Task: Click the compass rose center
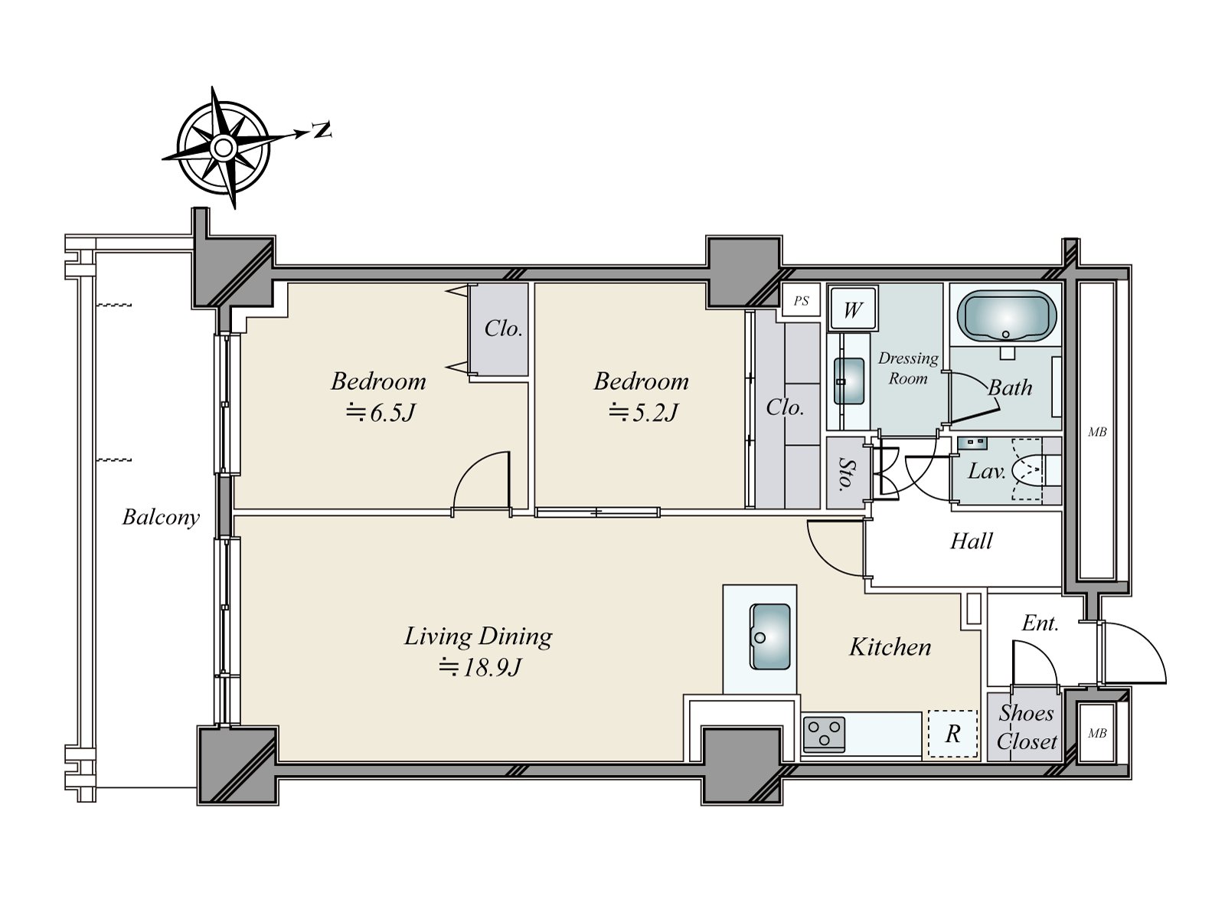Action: [223, 146]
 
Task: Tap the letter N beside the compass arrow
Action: [323, 130]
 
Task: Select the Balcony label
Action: [161, 518]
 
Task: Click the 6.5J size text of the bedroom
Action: [381, 414]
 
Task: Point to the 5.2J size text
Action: [643, 414]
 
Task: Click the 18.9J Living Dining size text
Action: [480, 668]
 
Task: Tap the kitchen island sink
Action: [770, 636]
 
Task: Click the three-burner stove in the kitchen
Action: [825, 734]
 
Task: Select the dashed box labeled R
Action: [952, 734]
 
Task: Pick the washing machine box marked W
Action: [853, 309]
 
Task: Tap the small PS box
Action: [801, 301]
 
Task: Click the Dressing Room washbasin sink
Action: [849, 381]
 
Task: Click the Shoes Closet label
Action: [1026, 727]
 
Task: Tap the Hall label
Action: [971, 541]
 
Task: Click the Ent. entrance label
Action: [1040, 623]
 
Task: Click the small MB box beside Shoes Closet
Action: [1097, 733]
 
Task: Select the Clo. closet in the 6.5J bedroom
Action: [503, 329]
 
